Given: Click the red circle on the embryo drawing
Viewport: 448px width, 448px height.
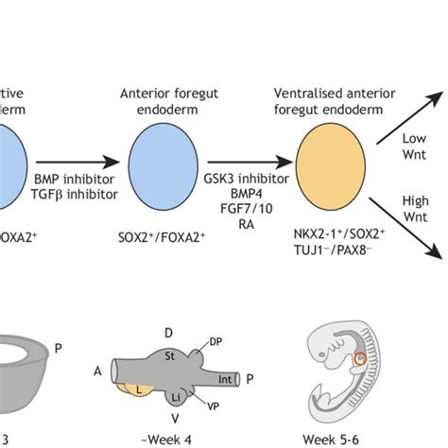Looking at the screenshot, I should (x=361, y=361).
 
